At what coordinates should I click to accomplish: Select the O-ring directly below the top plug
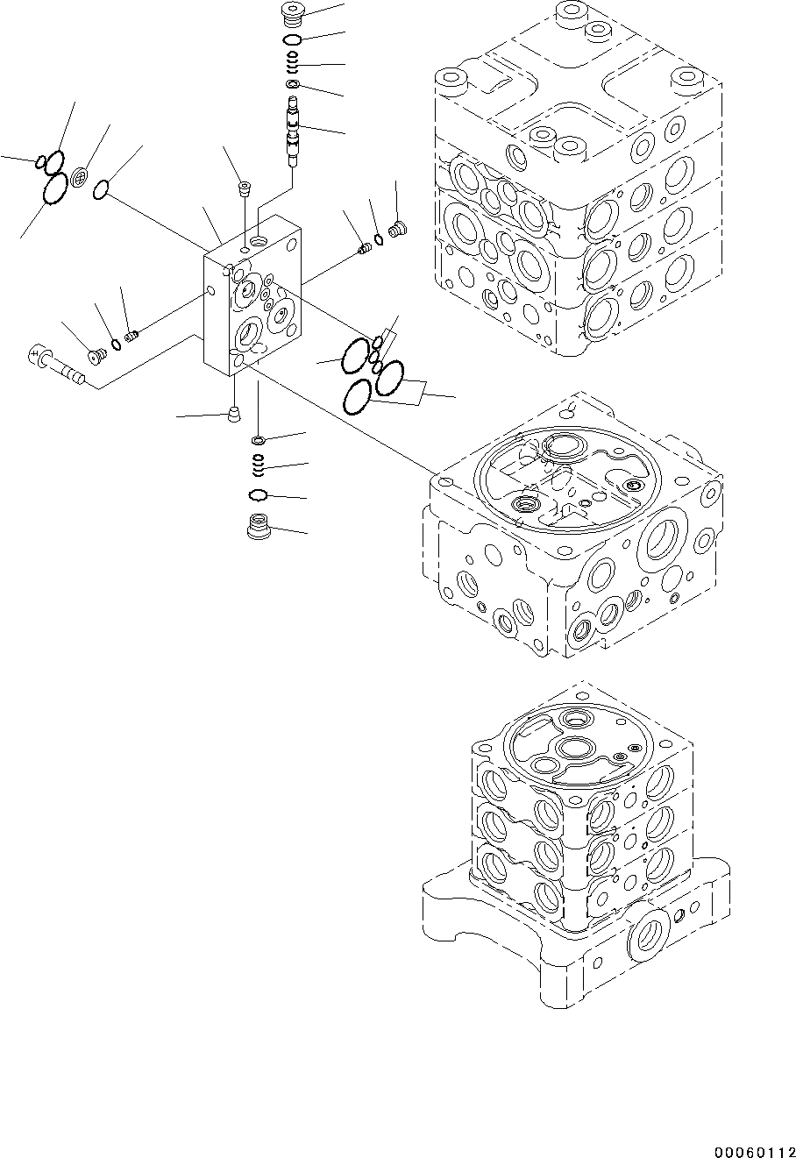pos(293,40)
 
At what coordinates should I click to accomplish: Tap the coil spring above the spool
pos(294,63)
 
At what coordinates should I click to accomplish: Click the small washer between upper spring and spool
pos(293,84)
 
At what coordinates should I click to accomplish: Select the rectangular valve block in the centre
pos(254,298)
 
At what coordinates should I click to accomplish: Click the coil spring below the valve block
pos(259,462)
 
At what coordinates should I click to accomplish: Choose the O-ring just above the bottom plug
pos(258,496)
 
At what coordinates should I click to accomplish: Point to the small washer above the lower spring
pos(259,439)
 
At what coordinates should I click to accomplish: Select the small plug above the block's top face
pos(244,188)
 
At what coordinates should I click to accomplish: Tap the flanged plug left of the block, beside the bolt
pos(97,354)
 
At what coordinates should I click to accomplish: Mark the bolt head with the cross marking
pos(38,355)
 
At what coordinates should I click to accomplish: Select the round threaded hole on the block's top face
pos(260,239)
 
